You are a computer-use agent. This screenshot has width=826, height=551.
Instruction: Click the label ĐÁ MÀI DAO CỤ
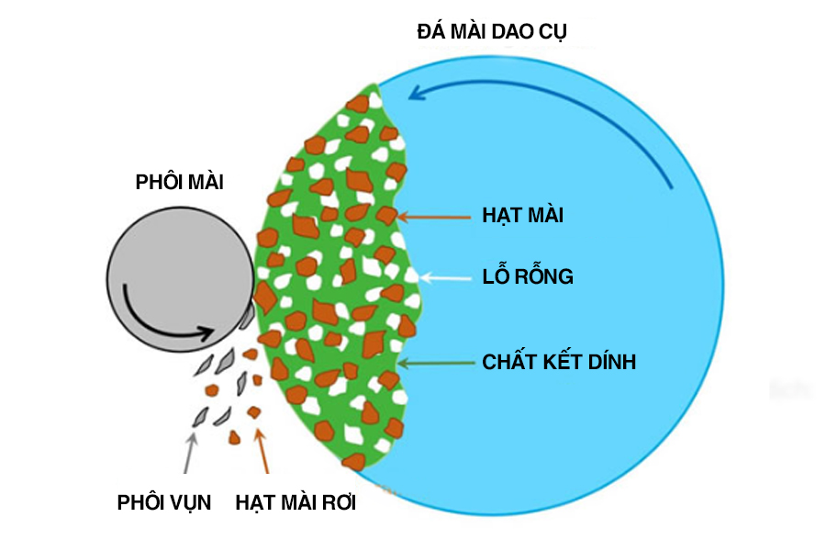493,32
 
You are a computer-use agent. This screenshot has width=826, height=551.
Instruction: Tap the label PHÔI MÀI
179,182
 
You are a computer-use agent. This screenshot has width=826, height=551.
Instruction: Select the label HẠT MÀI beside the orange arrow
522,217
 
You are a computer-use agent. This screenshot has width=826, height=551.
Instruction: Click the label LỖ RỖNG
528,275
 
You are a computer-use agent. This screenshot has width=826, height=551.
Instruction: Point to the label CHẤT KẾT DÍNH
559,362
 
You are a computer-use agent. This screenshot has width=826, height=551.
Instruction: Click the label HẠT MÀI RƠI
296,502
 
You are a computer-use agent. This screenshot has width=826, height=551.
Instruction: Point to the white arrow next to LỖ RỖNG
445,275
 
